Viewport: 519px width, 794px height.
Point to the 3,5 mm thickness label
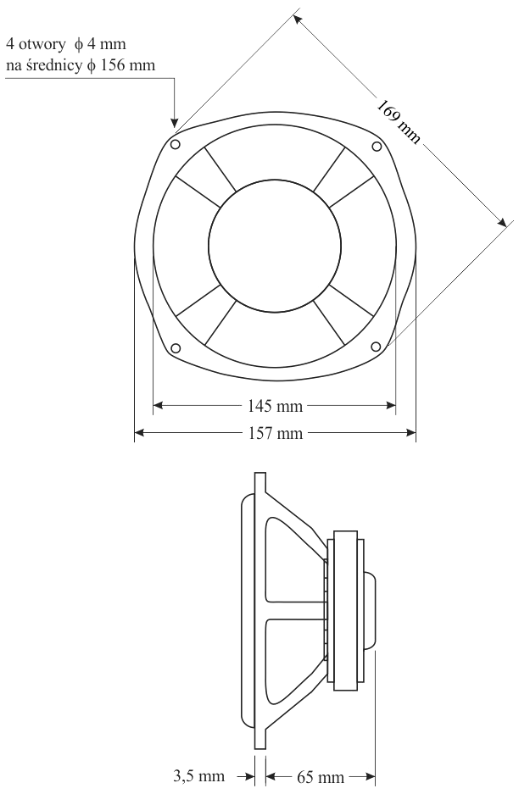199,775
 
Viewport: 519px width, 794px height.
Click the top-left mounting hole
176,145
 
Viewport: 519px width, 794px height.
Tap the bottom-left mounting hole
176,347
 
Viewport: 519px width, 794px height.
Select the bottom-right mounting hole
377,346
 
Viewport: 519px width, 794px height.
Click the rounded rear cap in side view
371,611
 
